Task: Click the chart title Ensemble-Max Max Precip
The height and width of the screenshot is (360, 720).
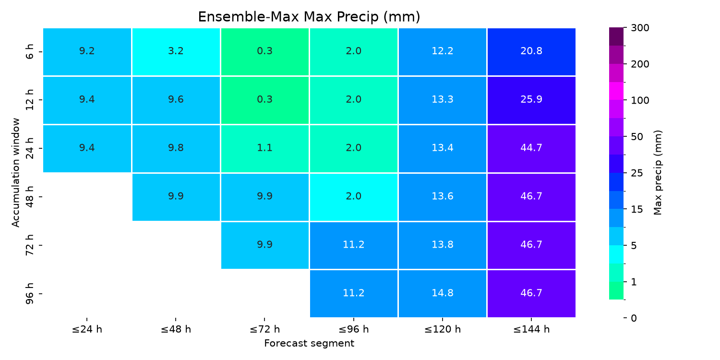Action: pyautogui.click(x=309, y=17)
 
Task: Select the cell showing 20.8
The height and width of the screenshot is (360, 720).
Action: pyautogui.click(x=531, y=52)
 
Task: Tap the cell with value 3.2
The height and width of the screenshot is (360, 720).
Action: pyautogui.click(x=176, y=52)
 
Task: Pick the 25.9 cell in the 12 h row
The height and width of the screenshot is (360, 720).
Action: pyautogui.click(x=531, y=100)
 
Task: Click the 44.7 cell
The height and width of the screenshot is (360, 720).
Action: pyautogui.click(x=531, y=148)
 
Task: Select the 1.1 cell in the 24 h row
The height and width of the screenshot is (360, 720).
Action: pyautogui.click(x=265, y=148)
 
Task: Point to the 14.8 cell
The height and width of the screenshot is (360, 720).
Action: pyautogui.click(x=442, y=294)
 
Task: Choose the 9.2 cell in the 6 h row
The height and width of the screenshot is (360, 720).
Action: pyautogui.click(x=87, y=52)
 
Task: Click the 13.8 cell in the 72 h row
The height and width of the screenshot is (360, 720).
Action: pyautogui.click(x=442, y=245)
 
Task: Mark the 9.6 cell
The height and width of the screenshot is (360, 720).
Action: pyautogui.click(x=176, y=100)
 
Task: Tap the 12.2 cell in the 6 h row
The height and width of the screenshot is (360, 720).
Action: pyautogui.click(x=442, y=52)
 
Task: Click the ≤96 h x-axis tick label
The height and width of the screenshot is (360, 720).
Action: pyautogui.click(x=354, y=329)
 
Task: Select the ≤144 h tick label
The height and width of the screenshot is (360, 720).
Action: pyautogui.click(x=531, y=329)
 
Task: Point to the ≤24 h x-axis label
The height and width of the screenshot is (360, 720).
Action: pyautogui.click(x=87, y=329)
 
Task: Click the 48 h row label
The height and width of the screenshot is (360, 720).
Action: pyautogui.click(x=29, y=197)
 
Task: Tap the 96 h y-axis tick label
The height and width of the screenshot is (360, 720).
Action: pyautogui.click(x=29, y=294)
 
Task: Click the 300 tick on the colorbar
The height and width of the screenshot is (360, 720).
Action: pyautogui.click(x=640, y=28)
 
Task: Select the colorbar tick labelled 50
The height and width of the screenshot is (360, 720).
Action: pyautogui.click(x=637, y=137)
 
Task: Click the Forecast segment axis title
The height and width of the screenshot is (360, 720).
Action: pyautogui.click(x=309, y=343)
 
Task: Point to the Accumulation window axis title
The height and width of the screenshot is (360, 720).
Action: pyautogui.click(x=16, y=173)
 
